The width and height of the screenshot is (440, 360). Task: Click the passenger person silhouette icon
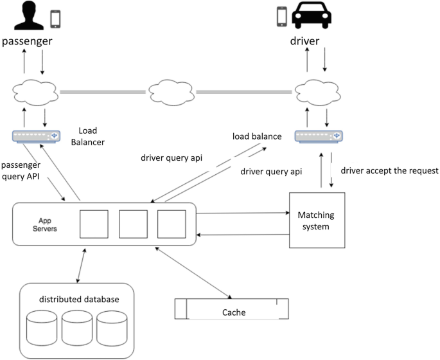tap(26, 15)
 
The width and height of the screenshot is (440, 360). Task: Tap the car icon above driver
tap(315, 15)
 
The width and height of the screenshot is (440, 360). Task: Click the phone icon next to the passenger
tap(55, 18)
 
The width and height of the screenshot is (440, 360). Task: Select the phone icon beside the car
tap(281, 17)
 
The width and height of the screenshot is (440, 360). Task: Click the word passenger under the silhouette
tap(26, 41)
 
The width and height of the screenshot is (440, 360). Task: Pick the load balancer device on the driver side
tap(318, 136)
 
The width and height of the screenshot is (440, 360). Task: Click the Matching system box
tap(317, 220)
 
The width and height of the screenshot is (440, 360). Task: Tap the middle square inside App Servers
tap(133, 223)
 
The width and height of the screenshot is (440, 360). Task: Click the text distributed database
tap(79, 299)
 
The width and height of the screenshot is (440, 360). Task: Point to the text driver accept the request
tap(390, 170)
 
